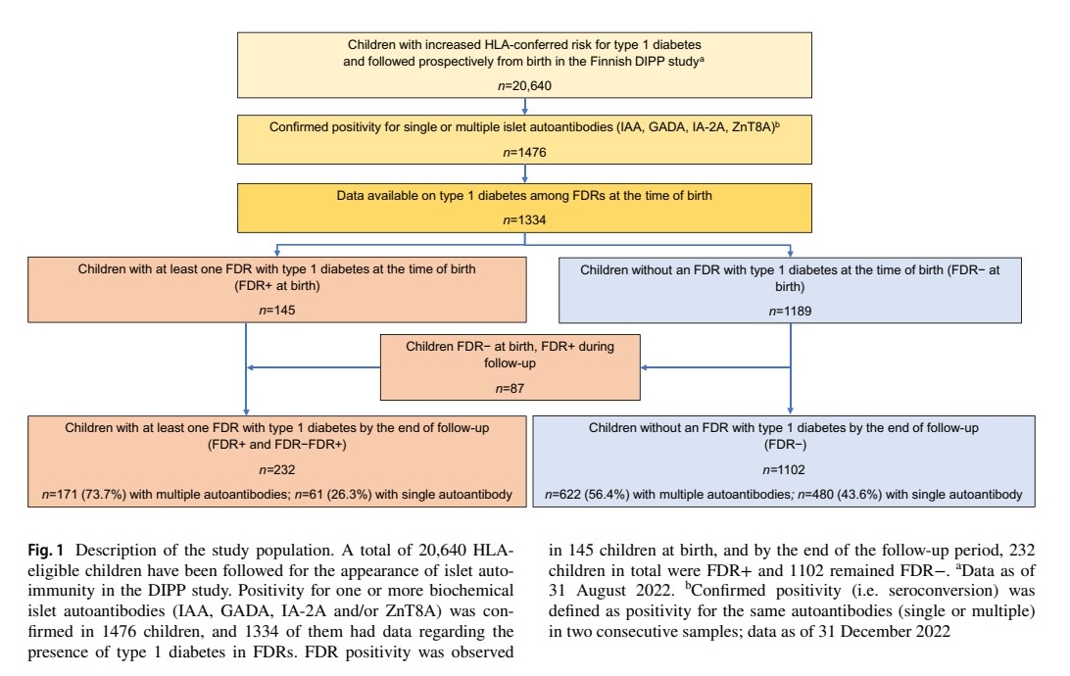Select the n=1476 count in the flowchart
click(525, 153)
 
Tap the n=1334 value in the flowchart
click(525, 219)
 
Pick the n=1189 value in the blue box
click(790, 309)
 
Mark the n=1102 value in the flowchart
click(781, 469)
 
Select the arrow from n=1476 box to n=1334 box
click(525, 173)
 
